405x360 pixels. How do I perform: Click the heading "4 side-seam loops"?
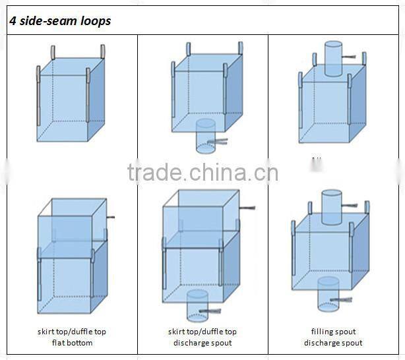coord(59,21)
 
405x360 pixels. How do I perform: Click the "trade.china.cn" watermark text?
coord(203,173)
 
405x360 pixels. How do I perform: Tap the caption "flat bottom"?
coord(72,343)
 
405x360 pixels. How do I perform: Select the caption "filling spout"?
coord(333,332)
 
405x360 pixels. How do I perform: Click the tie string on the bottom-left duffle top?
coord(113,218)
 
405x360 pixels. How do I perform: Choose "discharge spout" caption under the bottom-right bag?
coord(333,343)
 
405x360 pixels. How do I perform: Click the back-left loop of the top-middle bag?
coord(188,48)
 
